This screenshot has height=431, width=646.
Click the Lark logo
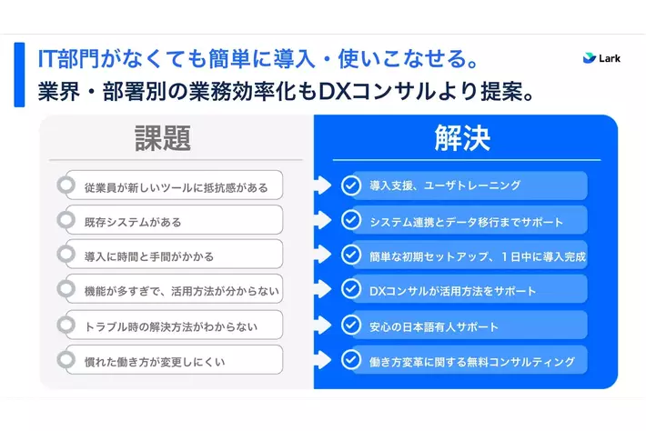point(601,58)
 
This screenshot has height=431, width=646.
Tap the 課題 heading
point(163,138)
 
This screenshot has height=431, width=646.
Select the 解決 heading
point(462,138)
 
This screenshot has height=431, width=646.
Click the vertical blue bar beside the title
point(19,75)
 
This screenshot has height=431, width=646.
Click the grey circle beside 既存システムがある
point(66,220)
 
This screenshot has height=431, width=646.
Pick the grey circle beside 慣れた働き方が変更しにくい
point(66,360)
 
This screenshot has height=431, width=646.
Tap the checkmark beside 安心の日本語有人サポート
point(351,325)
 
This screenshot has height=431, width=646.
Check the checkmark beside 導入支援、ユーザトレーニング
point(351,185)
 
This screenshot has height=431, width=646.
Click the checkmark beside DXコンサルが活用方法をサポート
point(351,289)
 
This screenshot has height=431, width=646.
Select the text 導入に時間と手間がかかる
point(149,256)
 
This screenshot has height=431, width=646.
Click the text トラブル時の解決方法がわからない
point(171,326)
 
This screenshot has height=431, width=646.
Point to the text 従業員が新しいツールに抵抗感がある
point(177,187)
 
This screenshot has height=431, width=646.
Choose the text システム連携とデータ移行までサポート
point(467,222)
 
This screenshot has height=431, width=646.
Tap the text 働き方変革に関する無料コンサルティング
point(472,362)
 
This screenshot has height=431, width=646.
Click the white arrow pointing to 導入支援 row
point(323,185)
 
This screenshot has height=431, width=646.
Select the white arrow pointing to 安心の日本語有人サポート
point(323,325)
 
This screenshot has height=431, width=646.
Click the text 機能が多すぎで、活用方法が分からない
point(182,292)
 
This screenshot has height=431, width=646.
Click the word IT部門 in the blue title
point(68,58)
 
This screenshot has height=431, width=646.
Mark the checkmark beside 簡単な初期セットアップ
point(351,255)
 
